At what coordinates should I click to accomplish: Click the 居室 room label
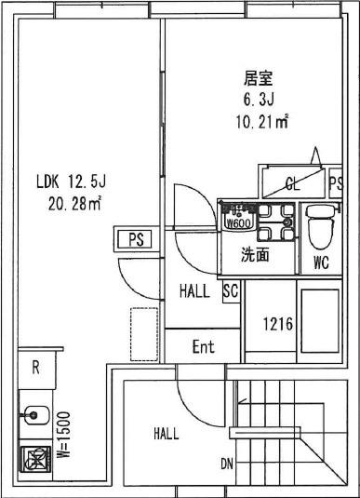(x=257, y=78)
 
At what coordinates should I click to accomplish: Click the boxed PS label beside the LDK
(x=135, y=239)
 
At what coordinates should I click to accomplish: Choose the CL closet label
(x=292, y=182)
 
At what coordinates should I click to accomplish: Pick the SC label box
(x=231, y=291)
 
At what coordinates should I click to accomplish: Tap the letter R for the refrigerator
(x=35, y=366)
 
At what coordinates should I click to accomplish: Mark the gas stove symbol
(x=35, y=461)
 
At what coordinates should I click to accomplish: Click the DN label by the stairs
(x=227, y=464)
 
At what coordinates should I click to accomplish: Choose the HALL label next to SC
(x=194, y=291)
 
